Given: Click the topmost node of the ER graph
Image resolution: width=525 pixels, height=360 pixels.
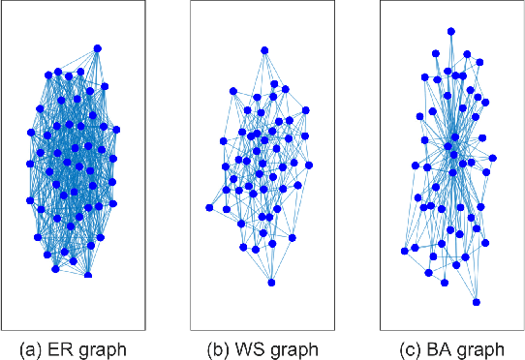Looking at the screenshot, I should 98,48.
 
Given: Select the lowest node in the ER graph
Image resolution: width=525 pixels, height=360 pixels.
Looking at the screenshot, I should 88,275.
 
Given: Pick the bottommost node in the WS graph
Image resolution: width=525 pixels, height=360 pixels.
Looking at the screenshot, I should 271,283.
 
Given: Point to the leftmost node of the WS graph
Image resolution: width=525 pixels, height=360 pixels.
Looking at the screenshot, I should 209,207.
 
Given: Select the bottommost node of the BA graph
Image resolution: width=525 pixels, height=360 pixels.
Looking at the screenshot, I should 476,302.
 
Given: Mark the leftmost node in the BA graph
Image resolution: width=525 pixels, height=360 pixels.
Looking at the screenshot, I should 404,252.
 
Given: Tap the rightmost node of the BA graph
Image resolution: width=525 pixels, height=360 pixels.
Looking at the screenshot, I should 493,158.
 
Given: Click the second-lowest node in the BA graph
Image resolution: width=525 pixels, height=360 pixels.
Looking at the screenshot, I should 445,284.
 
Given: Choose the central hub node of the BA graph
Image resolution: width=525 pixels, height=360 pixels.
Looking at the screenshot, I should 450,145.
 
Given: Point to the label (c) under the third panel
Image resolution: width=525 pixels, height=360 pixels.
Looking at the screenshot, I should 407,347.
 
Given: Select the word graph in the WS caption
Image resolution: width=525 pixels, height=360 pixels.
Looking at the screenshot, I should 290,348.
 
